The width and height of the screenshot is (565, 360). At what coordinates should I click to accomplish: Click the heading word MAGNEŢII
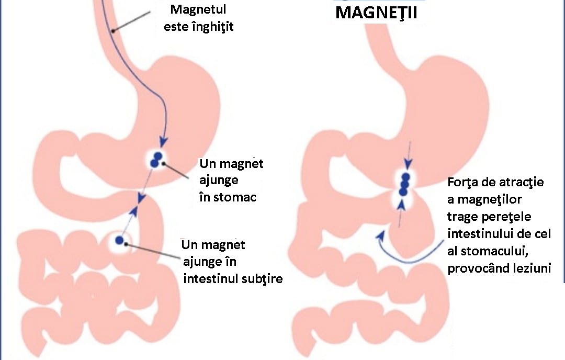click(x=376, y=14)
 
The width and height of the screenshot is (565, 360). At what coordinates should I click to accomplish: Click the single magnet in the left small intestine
click(x=120, y=240)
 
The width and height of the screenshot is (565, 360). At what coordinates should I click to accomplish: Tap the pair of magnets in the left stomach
click(x=156, y=160)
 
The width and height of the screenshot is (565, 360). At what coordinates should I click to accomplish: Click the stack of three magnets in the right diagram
click(x=403, y=184)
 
